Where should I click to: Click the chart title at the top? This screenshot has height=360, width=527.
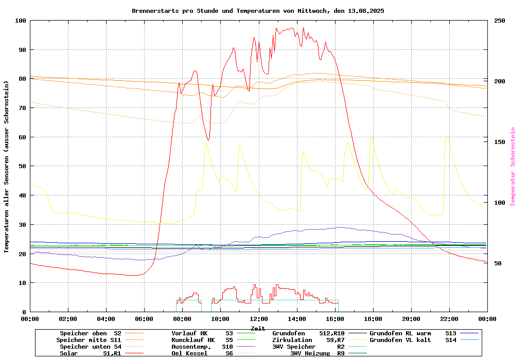(x=258, y=11)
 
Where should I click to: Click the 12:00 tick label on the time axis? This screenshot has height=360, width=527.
(x=258, y=319)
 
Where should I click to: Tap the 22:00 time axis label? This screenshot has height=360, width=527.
(x=449, y=319)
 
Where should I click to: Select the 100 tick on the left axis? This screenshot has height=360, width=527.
(x=21, y=21)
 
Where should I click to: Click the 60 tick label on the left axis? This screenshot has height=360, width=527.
(x=22, y=137)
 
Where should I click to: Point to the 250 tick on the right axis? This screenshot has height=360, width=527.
(x=500, y=21)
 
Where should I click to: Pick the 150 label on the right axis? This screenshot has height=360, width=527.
(x=500, y=142)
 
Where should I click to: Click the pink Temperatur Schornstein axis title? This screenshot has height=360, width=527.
(x=513, y=167)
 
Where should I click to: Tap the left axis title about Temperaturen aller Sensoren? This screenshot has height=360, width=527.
(x=7, y=167)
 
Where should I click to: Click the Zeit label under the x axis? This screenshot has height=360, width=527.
(x=258, y=328)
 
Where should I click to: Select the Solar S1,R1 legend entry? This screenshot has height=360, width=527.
(x=90, y=353)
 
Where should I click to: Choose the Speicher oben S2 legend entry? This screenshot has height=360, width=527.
(x=90, y=333)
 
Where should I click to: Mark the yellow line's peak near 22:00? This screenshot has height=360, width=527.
(x=447, y=137)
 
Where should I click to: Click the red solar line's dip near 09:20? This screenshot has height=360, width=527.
(x=208, y=140)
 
